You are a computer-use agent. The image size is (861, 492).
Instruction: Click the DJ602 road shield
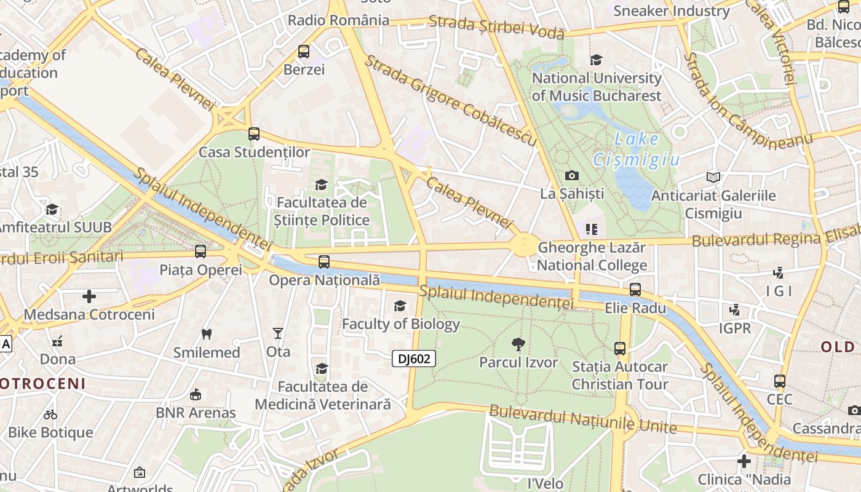414,359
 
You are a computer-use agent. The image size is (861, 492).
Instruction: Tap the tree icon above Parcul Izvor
518,344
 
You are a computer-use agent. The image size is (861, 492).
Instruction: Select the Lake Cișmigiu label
636,149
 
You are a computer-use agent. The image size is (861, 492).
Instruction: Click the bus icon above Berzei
304,52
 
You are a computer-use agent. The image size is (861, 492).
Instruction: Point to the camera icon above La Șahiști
572,176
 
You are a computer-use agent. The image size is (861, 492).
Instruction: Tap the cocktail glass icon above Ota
278,333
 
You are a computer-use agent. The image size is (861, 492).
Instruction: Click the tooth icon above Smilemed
207,335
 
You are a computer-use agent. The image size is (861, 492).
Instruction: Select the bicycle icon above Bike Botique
50,415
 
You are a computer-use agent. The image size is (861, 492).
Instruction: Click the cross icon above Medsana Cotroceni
89,296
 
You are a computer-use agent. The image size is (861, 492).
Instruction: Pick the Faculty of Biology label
400,323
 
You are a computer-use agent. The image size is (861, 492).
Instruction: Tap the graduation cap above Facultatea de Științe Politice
321,184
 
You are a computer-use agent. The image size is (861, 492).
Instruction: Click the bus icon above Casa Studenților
254,133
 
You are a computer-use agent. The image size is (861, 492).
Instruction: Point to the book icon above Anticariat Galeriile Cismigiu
713,178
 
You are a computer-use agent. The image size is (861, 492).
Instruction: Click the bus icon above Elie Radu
635,289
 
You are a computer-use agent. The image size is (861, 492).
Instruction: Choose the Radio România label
338,20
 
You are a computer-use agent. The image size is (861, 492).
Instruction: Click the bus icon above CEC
780,381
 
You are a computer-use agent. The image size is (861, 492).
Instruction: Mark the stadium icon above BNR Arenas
196,394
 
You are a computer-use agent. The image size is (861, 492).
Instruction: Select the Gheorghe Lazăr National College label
592,256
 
